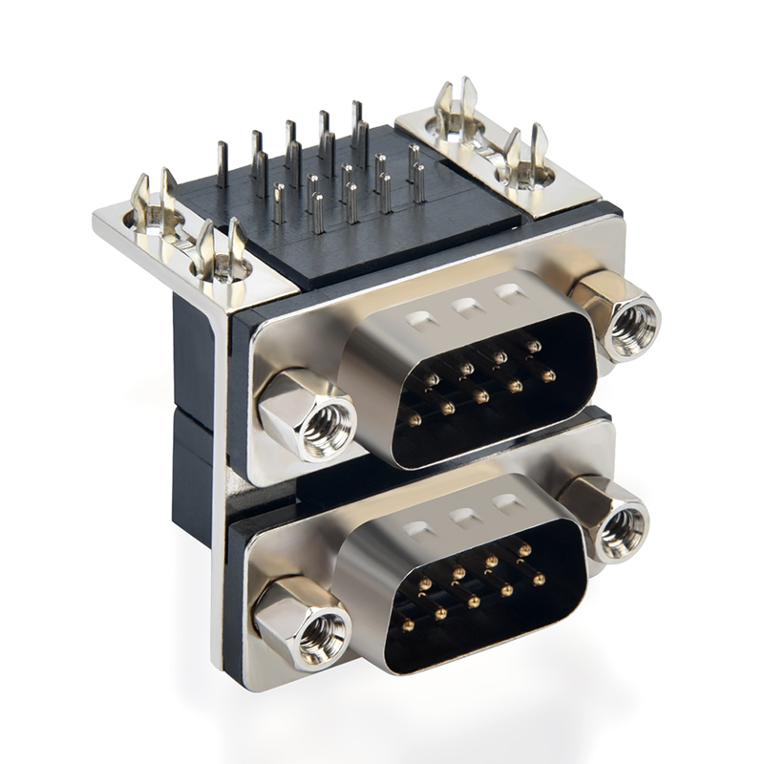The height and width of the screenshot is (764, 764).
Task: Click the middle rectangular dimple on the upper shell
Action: coord(466,308)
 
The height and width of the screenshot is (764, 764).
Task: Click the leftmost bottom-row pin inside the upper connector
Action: coord(414,418)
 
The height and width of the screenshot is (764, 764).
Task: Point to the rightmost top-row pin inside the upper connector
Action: coord(533,346)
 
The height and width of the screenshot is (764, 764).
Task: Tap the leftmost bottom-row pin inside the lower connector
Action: coord(408,625)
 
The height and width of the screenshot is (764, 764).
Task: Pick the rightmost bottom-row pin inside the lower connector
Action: coord(540,580)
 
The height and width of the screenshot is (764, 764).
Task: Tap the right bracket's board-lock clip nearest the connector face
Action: coord(525,158)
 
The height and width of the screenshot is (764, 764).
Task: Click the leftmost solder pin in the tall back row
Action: coord(222,164)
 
